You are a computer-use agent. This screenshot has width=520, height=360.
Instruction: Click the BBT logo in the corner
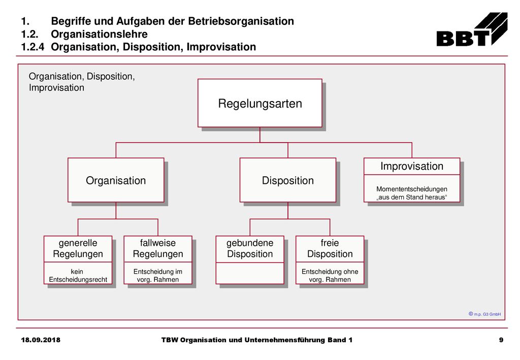(x=472, y=29)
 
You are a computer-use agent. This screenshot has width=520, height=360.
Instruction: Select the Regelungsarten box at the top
(x=259, y=103)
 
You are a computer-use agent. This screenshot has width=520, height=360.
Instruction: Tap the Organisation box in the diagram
(x=116, y=180)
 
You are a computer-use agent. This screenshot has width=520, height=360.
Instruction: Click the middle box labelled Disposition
(x=288, y=180)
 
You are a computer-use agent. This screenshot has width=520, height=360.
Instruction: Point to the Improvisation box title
(x=412, y=166)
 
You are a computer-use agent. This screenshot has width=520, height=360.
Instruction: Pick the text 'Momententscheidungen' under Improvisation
(x=411, y=189)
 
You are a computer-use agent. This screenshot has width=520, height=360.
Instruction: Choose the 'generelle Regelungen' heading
(x=78, y=248)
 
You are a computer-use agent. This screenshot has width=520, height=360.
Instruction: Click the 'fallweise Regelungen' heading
(x=158, y=248)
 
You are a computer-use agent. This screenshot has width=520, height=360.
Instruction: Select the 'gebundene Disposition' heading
(x=250, y=248)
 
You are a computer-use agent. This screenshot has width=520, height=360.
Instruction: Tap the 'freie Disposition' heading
(x=330, y=248)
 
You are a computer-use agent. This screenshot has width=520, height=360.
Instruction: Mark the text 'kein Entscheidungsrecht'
(x=78, y=276)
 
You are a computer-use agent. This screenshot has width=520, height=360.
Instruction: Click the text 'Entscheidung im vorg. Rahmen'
(x=158, y=276)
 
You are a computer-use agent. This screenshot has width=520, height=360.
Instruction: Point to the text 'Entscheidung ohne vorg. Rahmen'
(x=330, y=276)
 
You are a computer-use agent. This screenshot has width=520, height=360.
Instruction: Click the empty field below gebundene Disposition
(x=250, y=274)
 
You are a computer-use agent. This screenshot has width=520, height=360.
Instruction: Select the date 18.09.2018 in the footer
(x=41, y=340)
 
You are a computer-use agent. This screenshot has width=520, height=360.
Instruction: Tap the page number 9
(x=501, y=340)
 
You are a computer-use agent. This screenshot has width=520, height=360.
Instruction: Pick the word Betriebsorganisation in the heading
(x=241, y=21)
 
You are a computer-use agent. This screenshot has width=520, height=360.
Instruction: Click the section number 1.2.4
(x=32, y=47)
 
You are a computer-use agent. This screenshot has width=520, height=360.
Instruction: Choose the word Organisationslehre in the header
(x=99, y=34)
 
